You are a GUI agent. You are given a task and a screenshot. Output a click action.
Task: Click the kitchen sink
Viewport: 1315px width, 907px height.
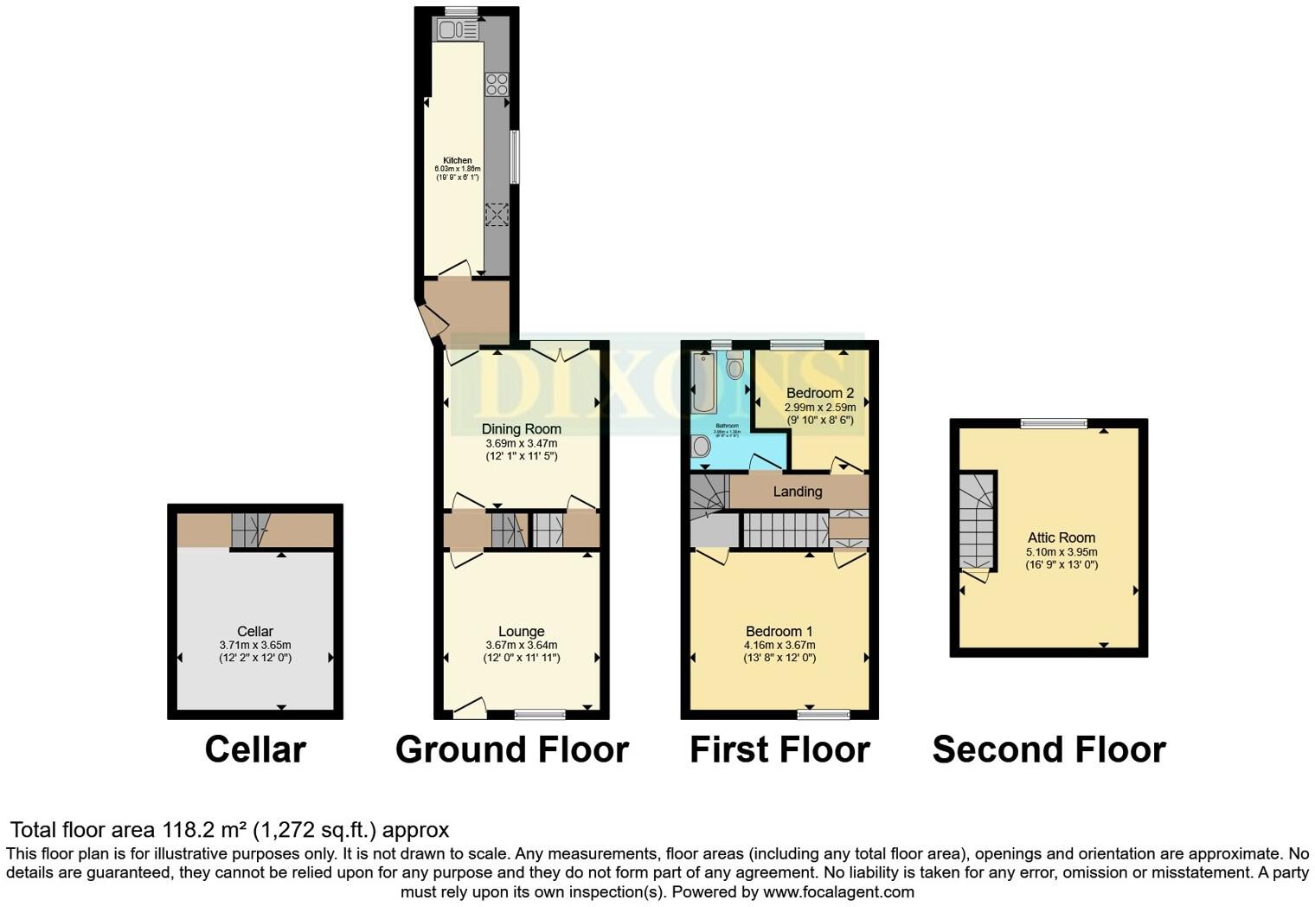coord(457,30)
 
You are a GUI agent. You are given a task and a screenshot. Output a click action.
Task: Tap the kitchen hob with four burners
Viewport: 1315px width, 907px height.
coord(497,84)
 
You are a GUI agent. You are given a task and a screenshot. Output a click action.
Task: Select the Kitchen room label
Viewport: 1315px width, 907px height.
coord(458,160)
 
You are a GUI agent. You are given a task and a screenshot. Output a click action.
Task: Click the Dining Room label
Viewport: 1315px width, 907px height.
coord(521,428)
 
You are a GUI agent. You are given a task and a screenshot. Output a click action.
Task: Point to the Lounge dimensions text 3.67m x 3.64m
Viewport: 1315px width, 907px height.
coord(521,645)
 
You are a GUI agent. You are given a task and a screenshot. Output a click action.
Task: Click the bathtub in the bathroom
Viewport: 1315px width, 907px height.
coord(704,383)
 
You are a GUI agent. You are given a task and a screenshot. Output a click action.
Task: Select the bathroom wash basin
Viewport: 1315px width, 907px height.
coord(701,445)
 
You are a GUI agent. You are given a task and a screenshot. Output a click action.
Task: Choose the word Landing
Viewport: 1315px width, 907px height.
coord(797,492)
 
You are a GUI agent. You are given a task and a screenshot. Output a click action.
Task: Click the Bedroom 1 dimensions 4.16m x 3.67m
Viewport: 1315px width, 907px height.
coord(779,645)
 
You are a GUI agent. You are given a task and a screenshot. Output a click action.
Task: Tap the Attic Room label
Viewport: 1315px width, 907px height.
coord(1061,537)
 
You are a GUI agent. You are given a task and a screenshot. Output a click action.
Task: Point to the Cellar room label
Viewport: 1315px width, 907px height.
coord(254,632)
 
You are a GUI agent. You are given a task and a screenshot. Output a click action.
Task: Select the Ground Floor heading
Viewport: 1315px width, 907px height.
coord(511,749)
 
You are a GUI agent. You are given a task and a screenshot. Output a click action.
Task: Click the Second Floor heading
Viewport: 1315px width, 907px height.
coord(1049,749)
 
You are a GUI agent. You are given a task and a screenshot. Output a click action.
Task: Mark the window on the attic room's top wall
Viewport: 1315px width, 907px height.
coord(1053,423)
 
